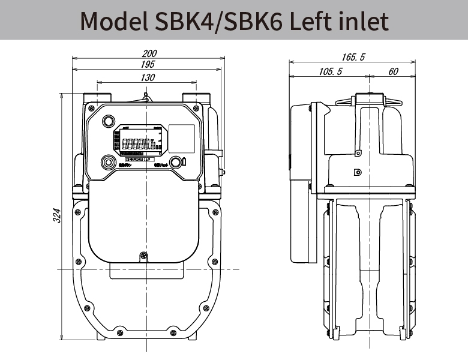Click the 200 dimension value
pos(148,53)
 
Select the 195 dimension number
pos(148,64)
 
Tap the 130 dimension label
pos(148,77)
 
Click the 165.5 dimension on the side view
pos(353,57)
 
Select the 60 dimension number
pos(394,72)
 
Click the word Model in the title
pos(115,22)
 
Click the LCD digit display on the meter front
pos(139,143)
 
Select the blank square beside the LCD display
pos(182,139)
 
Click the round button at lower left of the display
pos(108,162)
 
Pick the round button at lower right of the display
pos(176,162)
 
